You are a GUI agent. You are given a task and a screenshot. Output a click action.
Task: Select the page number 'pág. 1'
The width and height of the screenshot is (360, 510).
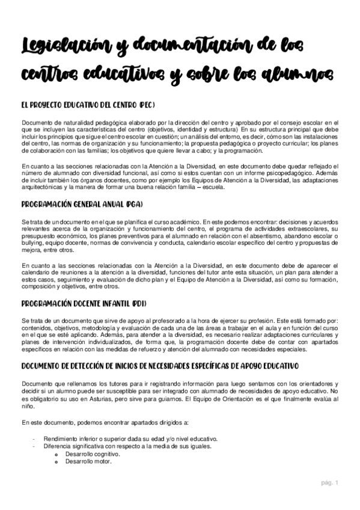(x=329, y=482)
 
